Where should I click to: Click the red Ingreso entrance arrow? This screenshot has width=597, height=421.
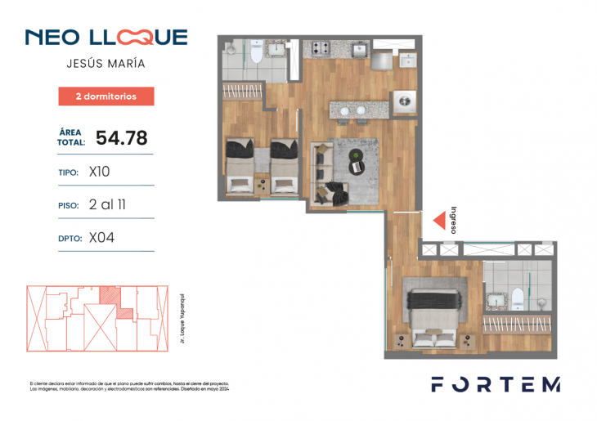[x=439, y=219]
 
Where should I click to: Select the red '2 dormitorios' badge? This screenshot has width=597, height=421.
[x=106, y=96]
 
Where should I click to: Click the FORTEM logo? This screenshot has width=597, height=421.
[x=496, y=384]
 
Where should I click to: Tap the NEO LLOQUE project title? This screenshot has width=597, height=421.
[x=106, y=37]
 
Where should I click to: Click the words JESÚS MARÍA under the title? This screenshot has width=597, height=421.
[x=106, y=63]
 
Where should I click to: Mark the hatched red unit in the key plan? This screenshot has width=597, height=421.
[x=110, y=295]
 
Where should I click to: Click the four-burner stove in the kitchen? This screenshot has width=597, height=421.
[x=316, y=50]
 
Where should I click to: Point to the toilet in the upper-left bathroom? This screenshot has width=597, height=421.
[x=256, y=55]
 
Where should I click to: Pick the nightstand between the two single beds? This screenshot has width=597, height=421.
[x=262, y=184]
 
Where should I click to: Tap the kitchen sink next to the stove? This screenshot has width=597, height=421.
[x=358, y=51]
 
